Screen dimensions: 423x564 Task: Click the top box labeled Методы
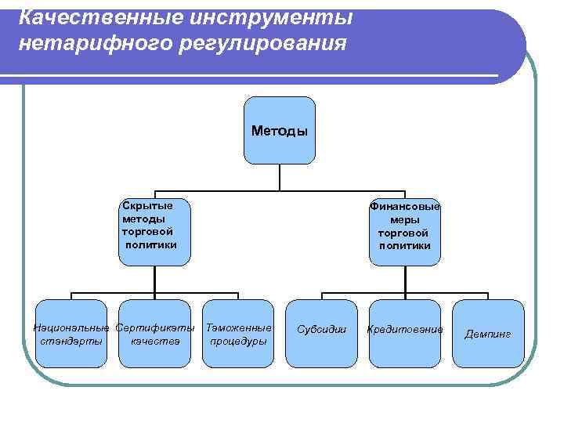[x=280, y=130]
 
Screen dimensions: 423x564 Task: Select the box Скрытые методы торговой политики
[x=155, y=232]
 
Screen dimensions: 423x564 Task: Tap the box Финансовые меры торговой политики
[x=405, y=232]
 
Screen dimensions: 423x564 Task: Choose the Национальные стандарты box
[x=71, y=333]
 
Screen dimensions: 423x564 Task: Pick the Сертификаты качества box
[x=155, y=333]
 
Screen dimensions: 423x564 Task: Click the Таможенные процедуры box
[x=238, y=333]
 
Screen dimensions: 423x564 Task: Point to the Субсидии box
[x=321, y=333]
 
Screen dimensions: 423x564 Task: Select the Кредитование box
[x=405, y=333]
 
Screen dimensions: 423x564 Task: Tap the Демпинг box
[x=488, y=333]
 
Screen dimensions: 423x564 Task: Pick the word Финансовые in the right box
[x=405, y=207]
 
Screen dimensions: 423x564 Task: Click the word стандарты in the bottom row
[x=71, y=341]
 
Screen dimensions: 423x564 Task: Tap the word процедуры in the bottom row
[x=238, y=341]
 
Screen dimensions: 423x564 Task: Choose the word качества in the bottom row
[x=155, y=341]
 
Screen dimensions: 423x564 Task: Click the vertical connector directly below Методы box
[x=280, y=177]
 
